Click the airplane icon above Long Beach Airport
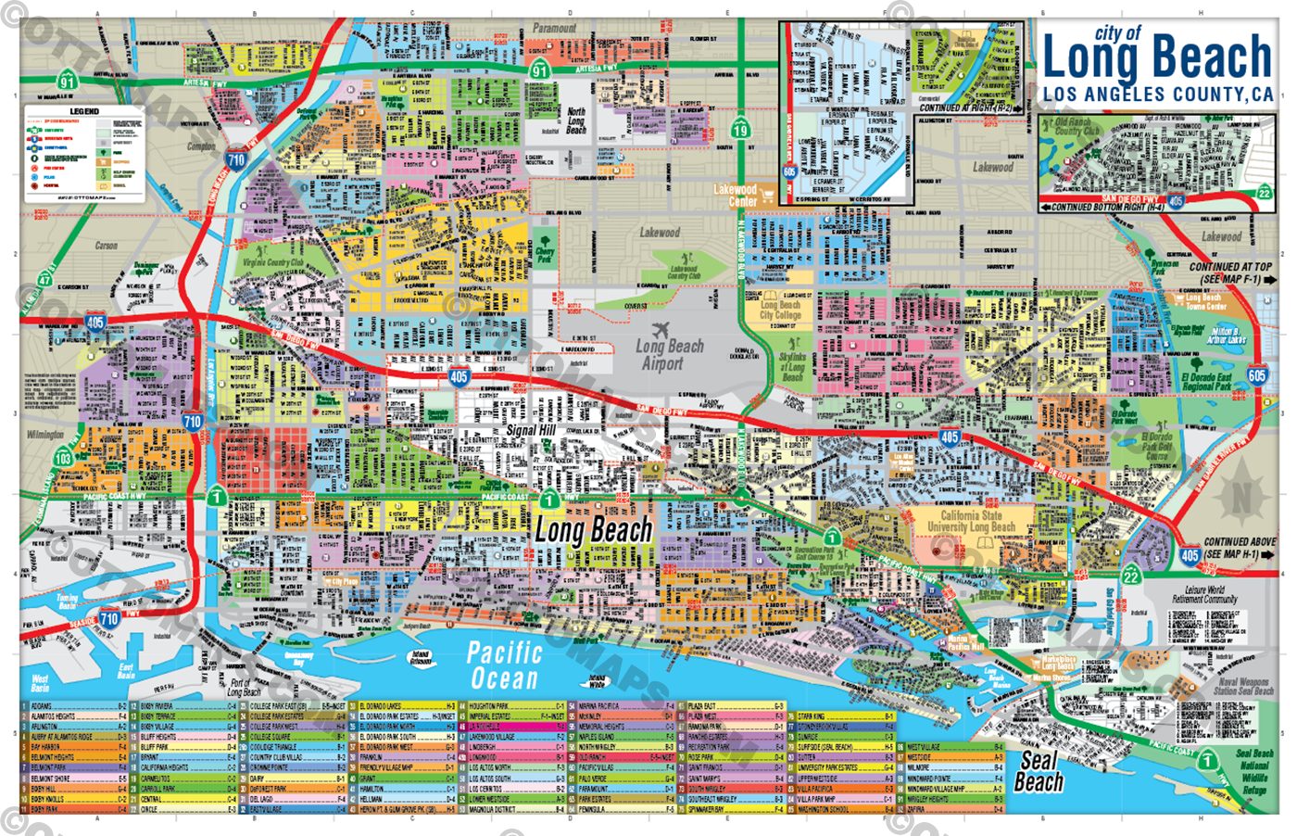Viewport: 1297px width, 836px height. click(661, 330)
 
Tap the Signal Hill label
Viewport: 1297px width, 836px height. click(530, 431)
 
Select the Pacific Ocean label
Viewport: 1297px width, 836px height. click(503, 665)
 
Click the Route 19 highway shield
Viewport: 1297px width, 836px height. click(740, 129)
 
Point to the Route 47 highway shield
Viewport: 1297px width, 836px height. click(45, 280)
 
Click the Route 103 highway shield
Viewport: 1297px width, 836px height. click(63, 458)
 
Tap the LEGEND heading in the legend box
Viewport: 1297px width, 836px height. click(84, 111)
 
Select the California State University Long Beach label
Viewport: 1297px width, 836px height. click(971, 521)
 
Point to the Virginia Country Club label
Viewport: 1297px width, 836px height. click(273, 262)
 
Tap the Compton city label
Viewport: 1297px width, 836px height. click(201, 146)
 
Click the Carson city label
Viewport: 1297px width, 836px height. click(106, 246)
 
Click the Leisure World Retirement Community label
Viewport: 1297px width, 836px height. click(1203, 594)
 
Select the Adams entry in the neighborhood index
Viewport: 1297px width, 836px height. click(42, 706)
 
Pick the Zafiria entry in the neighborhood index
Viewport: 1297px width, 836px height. click(917, 809)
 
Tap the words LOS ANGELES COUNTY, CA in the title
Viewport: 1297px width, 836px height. click(1157, 95)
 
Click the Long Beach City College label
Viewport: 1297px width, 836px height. click(780, 310)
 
